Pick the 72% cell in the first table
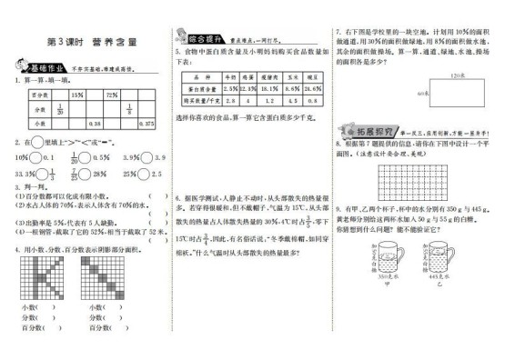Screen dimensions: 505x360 (114, 95)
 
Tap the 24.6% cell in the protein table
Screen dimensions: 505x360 (314, 90)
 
